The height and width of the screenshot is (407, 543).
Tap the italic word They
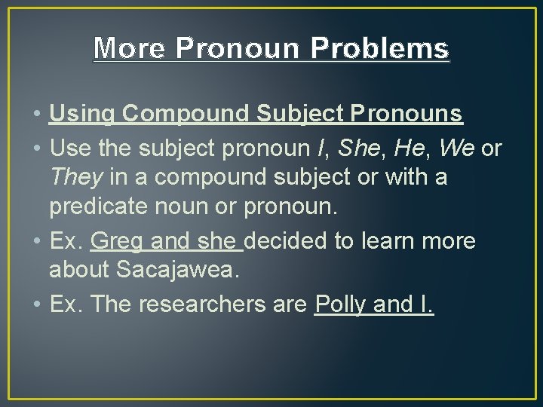pos(75,178)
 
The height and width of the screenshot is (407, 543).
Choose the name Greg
pos(116,242)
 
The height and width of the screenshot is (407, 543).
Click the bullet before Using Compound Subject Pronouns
pos(37,115)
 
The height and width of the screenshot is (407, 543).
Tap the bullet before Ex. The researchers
pos(37,305)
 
